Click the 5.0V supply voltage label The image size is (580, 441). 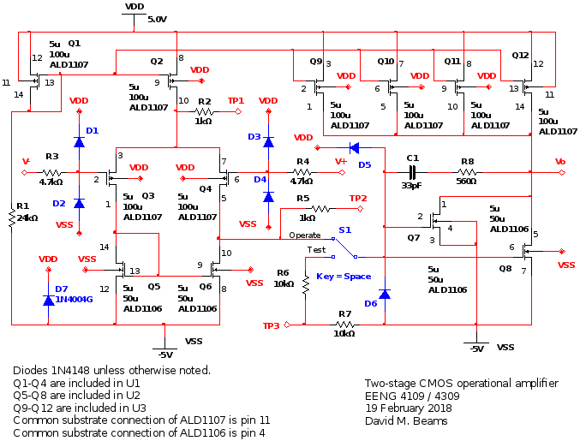pyautogui.click(x=158, y=19)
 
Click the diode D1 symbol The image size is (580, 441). pyautogui.click(x=79, y=142)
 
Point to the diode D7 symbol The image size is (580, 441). pyautogui.click(x=49, y=300)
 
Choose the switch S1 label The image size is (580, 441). pyautogui.click(x=344, y=229)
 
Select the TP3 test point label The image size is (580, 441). pyautogui.click(x=271, y=325)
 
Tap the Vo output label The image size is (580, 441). pyautogui.click(x=560, y=161)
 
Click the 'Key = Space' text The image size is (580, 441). pyautogui.click(x=343, y=277)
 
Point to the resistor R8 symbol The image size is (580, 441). pyautogui.click(x=467, y=172)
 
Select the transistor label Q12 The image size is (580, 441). pyautogui.click(x=520, y=54)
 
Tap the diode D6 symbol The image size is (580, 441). pyautogui.click(x=384, y=294)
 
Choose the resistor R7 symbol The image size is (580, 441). pyautogui.click(x=344, y=325)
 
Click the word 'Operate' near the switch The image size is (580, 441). pyautogui.click(x=304, y=235)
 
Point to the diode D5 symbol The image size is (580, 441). pyautogui.click(x=353, y=147)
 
